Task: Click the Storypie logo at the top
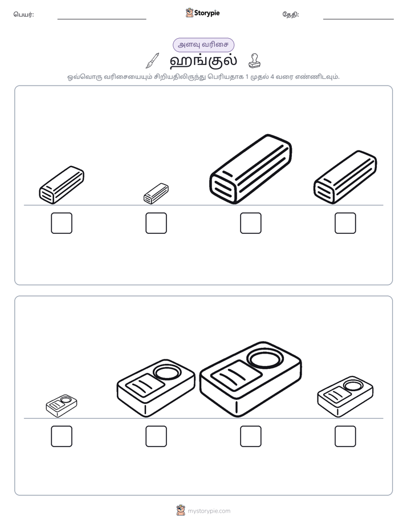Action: pyautogui.click(x=202, y=13)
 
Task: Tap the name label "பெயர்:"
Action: pyautogui.click(x=23, y=14)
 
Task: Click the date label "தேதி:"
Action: pyautogui.click(x=291, y=14)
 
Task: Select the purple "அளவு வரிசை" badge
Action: pyautogui.click(x=203, y=44)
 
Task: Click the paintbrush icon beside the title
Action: pyautogui.click(x=152, y=60)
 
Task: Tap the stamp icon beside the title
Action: pyautogui.click(x=254, y=60)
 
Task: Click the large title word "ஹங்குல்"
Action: pyautogui.click(x=203, y=60)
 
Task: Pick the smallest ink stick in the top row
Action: pyautogui.click(x=156, y=193)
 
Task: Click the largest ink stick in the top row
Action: pyautogui.click(x=250, y=169)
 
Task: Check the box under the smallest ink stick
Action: pyautogui.click(x=156, y=223)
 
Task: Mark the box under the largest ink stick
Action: pyautogui.click(x=250, y=223)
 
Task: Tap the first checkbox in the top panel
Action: pyautogui.click(x=62, y=223)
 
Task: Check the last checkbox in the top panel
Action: pyautogui.click(x=345, y=223)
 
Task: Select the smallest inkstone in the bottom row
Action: pyautogui.click(x=62, y=406)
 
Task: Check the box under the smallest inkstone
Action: pyautogui.click(x=62, y=436)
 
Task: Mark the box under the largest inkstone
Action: pyautogui.click(x=250, y=436)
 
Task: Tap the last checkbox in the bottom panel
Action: pyautogui.click(x=345, y=436)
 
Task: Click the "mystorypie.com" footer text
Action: pyautogui.click(x=209, y=511)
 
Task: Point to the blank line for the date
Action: pyautogui.click(x=359, y=19)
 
